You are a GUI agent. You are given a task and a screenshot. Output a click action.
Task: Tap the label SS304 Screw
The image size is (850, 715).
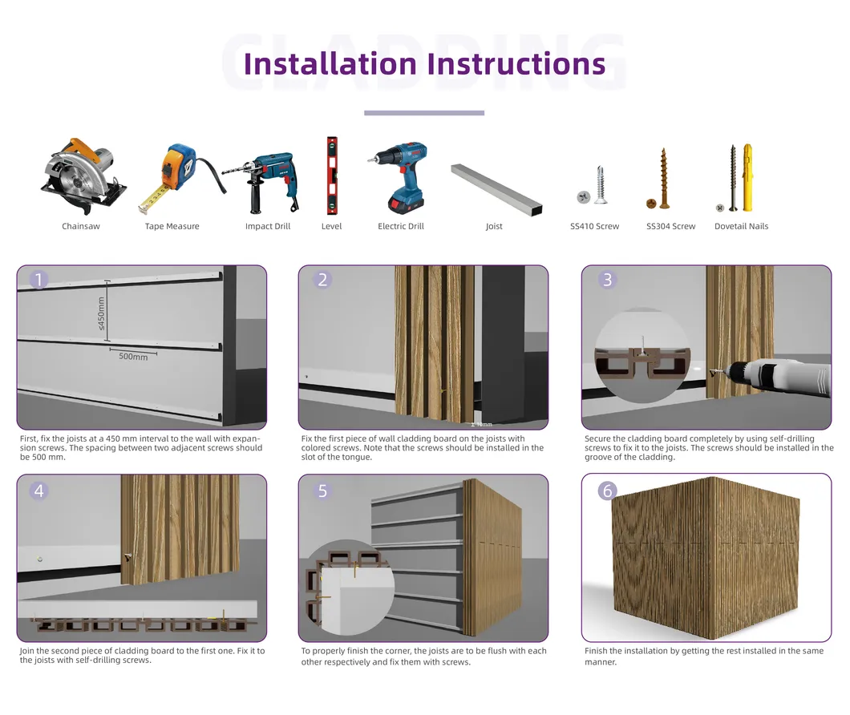coord(670,227)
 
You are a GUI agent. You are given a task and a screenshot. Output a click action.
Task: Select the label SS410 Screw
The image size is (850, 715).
coord(594,227)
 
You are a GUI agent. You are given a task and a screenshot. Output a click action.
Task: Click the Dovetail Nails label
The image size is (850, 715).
coord(741,227)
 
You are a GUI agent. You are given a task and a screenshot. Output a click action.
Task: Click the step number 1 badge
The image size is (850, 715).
coord(39,280)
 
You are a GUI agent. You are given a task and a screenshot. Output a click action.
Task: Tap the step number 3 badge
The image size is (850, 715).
coord(607,280)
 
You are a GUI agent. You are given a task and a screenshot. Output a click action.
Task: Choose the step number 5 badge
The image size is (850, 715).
coord(322,491)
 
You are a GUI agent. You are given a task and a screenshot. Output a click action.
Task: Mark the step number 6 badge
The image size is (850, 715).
coord(607,491)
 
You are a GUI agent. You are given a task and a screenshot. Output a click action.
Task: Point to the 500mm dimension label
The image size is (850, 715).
coord(133,357)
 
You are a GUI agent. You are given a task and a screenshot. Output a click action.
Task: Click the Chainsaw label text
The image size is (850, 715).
coord(81,227)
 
